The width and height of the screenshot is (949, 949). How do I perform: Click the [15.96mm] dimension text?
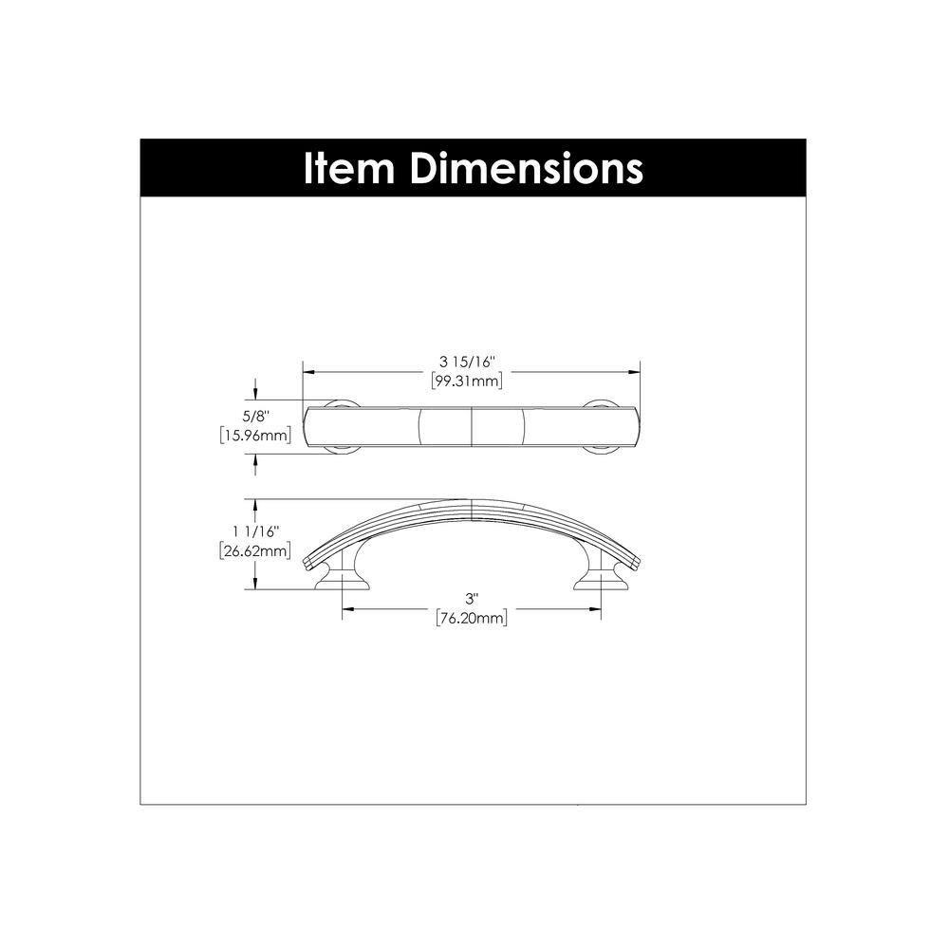pyautogui.click(x=252, y=437)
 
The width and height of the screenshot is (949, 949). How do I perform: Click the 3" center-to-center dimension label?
pyautogui.click(x=470, y=598)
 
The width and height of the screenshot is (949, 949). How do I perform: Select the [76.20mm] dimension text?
pyautogui.click(x=470, y=619)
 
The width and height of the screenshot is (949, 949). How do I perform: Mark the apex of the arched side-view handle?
pyautogui.click(x=472, y=503)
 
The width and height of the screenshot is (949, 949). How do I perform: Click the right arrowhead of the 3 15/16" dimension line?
pyautogui.click(x=636, y=372)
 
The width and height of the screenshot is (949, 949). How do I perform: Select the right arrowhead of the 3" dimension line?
pyautogui.click(x=596, y=609)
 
